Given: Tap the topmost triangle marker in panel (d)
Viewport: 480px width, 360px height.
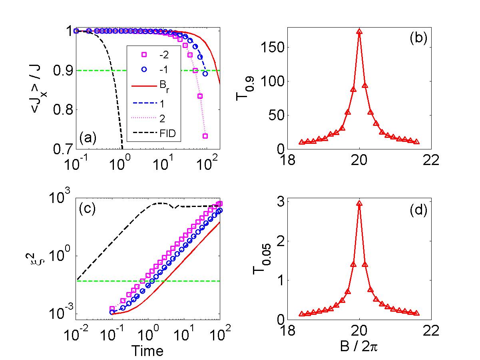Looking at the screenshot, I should pos(359,204).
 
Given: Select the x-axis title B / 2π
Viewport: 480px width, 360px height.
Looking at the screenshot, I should pos(360,352).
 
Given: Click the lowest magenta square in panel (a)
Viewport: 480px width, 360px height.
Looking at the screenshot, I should pos(205,136).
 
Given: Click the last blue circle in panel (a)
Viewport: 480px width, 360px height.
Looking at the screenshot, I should pos(205,74).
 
